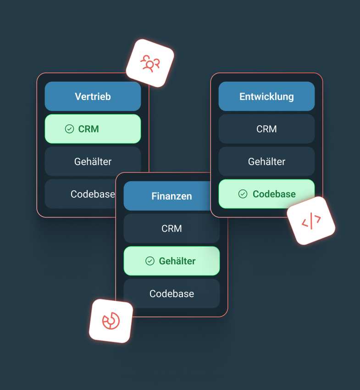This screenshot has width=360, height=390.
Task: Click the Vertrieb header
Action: coord(93,96)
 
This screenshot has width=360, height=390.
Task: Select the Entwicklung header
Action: coord(266,96)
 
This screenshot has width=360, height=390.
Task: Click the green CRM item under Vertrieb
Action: coord(93,129)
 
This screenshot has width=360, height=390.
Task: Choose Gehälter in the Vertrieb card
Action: coord(93,162)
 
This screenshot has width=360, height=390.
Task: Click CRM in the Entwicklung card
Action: coord(266,129)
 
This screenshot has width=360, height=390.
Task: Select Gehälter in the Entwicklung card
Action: coord(266,162)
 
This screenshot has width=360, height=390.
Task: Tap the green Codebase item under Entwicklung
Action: coord(266,194)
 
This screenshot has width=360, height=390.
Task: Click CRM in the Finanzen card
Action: coord(172,228)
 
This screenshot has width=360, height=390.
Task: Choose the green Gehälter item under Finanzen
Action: coord(172,261)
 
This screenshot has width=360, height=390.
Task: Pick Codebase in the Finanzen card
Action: coord(172,294)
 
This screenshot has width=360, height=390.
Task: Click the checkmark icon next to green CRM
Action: coord(69,129)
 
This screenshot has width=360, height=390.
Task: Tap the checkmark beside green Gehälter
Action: coord(150,261)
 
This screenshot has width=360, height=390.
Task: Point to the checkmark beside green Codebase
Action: coord(243,194)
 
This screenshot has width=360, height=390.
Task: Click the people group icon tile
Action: coord(150,63)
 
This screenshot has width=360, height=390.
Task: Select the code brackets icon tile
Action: coord(311,221)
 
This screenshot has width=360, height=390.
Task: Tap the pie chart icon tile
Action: coord(111,321)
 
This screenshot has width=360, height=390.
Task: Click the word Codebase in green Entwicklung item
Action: coord(274,194)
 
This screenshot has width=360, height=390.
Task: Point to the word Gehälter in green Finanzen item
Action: coord(177,261)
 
